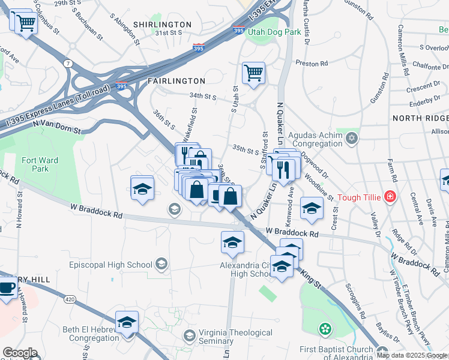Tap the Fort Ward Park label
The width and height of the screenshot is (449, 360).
click(x=34, y=164)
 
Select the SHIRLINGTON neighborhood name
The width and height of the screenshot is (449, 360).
click(x=162, y=25)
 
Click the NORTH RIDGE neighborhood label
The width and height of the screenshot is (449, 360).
click(x=420, y=118)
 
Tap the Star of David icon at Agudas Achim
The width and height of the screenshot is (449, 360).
click(x=352, y=139)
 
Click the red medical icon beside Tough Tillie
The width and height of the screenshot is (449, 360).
click(x=390, y=196)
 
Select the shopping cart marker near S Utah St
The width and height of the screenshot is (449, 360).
click(x=253, y=73)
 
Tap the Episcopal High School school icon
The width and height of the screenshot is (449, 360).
click(x=161, y=264)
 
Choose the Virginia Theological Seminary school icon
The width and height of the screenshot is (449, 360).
click(x=190, y=334)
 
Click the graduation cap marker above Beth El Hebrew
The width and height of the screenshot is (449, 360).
click(x=127, y=323)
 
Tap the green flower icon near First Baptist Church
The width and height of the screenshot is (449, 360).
click(x=325, y=329)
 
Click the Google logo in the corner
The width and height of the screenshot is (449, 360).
click(x=20, y=353)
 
